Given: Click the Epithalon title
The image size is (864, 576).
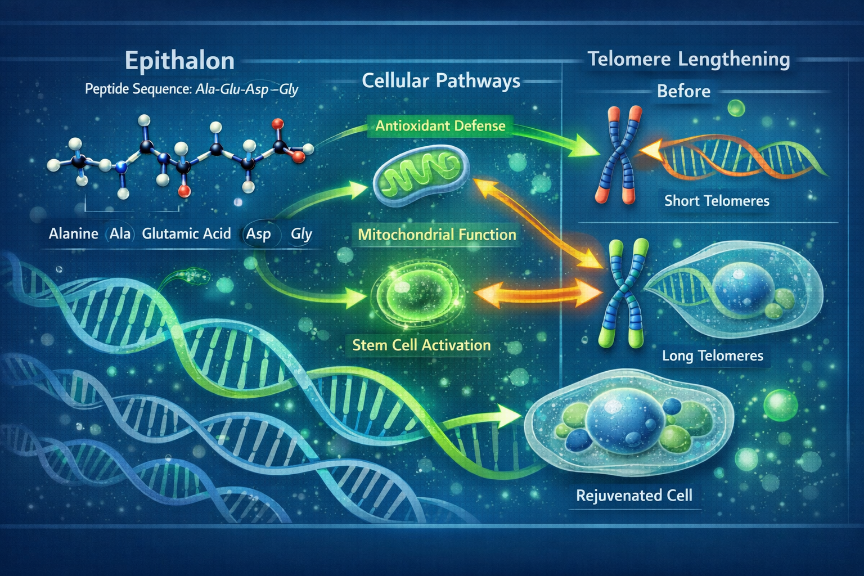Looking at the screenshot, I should click(x=179, y=61).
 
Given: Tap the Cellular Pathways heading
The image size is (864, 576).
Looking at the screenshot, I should click(x=441, y=81).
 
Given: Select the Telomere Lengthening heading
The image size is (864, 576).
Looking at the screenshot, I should click(x=688, y=59).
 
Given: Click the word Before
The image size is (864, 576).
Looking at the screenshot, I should click(x=683, y=91).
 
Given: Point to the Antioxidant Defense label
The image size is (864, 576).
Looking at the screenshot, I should click(x=440, y=125).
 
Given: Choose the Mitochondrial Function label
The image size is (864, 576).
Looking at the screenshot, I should click(x=437, y=235).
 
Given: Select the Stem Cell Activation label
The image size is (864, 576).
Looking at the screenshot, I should click(x=421, y=345).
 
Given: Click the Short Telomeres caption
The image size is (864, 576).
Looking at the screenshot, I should click(x=717, y=201).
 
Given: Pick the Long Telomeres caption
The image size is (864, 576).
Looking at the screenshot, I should click(x=713, y=355).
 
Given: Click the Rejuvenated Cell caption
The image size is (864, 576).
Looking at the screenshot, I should click(x=634, y=496).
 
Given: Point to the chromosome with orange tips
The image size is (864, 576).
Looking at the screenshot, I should click(x=619, y=155).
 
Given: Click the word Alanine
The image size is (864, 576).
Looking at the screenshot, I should click(x=73, y=233).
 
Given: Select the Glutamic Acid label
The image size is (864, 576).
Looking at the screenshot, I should click(x=186, y=233).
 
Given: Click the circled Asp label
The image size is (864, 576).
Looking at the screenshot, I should click(x=258, y=234).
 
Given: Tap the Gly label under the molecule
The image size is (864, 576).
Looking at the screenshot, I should click(x=301, y=234).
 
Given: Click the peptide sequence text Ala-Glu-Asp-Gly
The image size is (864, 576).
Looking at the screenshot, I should click(x=246, y=89).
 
